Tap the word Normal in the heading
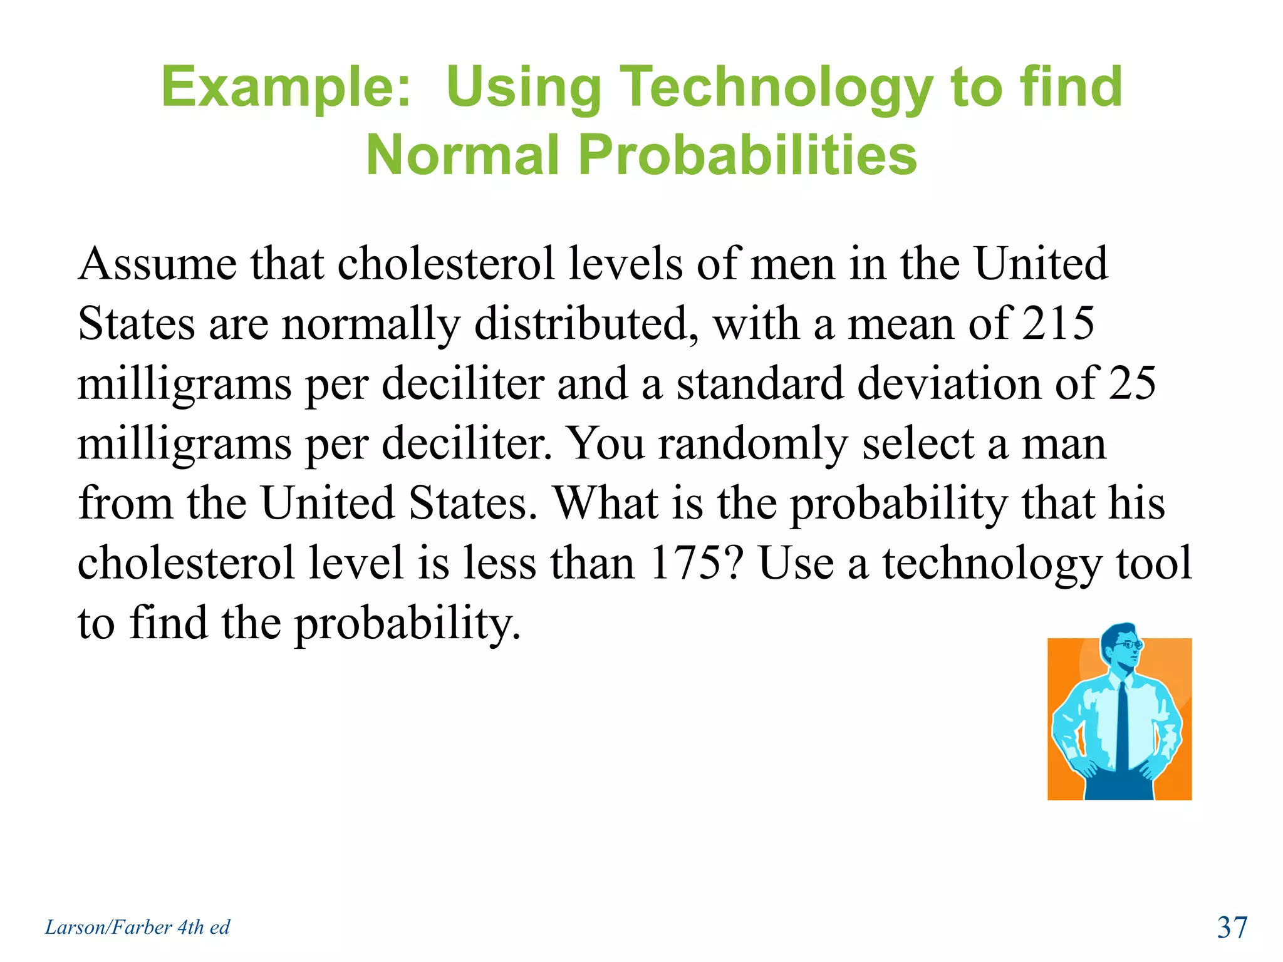point(462,155)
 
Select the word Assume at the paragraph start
point(157,264)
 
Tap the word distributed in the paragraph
point(586,324)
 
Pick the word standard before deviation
point(759,383)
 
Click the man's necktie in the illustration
point(1123,727)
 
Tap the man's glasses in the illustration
point(1128,644)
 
